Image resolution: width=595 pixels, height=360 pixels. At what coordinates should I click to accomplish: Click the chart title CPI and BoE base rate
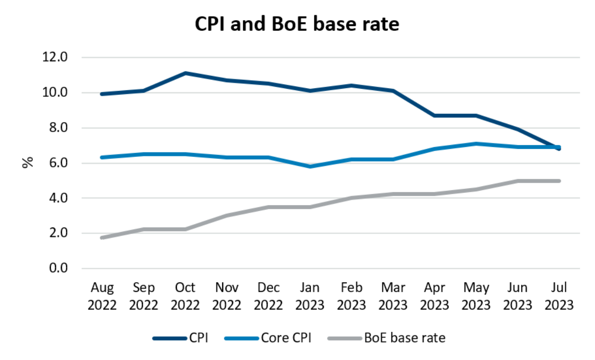297,24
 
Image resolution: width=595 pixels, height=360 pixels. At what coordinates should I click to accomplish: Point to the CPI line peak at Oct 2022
186,73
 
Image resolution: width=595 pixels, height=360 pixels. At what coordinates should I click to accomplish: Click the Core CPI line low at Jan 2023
310,166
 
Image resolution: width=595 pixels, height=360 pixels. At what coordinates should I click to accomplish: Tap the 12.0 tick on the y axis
55,57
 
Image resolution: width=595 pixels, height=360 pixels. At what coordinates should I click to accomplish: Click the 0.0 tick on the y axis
58,268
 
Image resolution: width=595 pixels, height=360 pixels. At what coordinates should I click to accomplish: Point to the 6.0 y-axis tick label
58,163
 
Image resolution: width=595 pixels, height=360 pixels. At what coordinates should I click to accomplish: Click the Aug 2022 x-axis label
102,296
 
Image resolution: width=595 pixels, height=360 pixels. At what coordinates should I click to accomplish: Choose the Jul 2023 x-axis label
559,296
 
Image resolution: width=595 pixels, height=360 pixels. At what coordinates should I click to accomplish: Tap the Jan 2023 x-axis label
310,296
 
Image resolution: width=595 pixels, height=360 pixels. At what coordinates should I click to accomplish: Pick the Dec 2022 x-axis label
268,296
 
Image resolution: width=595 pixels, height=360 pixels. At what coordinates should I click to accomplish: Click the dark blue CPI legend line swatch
170,338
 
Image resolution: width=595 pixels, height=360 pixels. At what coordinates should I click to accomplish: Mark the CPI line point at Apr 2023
435,115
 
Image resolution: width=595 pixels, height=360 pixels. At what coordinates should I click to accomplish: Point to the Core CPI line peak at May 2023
476,144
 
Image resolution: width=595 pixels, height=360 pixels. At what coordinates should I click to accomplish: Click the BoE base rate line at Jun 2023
518,181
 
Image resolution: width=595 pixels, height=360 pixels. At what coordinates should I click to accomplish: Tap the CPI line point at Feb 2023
351,85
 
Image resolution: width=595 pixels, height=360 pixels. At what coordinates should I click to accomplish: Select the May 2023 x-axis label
476,296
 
